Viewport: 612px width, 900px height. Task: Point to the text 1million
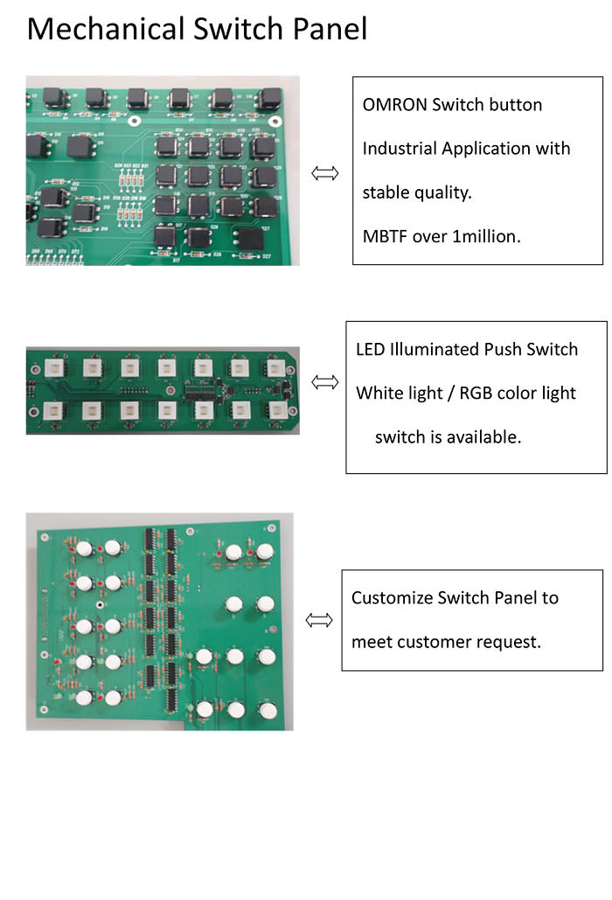486,236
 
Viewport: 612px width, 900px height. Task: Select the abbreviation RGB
476,394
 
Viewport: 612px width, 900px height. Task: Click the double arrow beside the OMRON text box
324,173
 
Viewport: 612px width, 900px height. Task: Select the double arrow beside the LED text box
324,381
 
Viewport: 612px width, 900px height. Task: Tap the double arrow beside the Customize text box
319,620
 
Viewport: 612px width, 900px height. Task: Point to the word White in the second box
376,394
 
